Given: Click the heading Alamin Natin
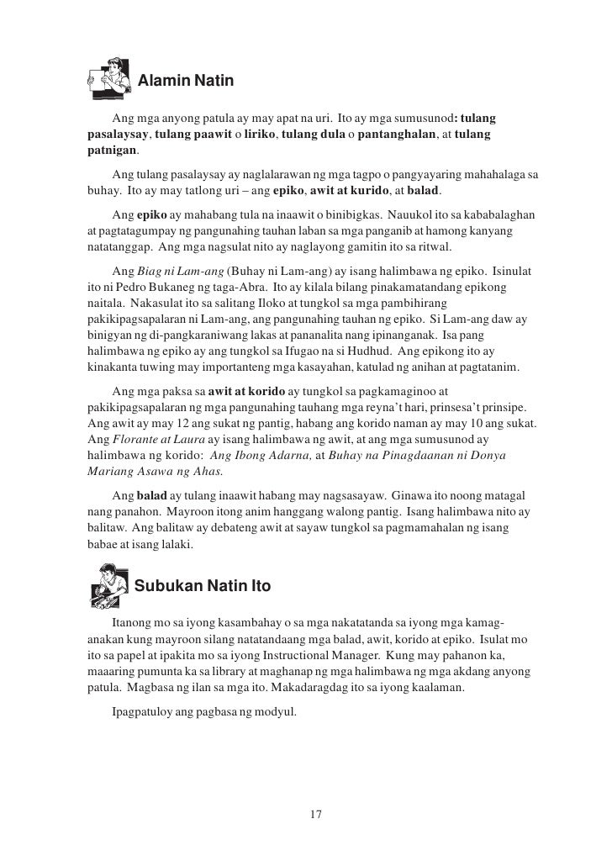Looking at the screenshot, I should tap(184, 82).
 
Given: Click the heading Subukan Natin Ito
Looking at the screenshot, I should tap(203, 586).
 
